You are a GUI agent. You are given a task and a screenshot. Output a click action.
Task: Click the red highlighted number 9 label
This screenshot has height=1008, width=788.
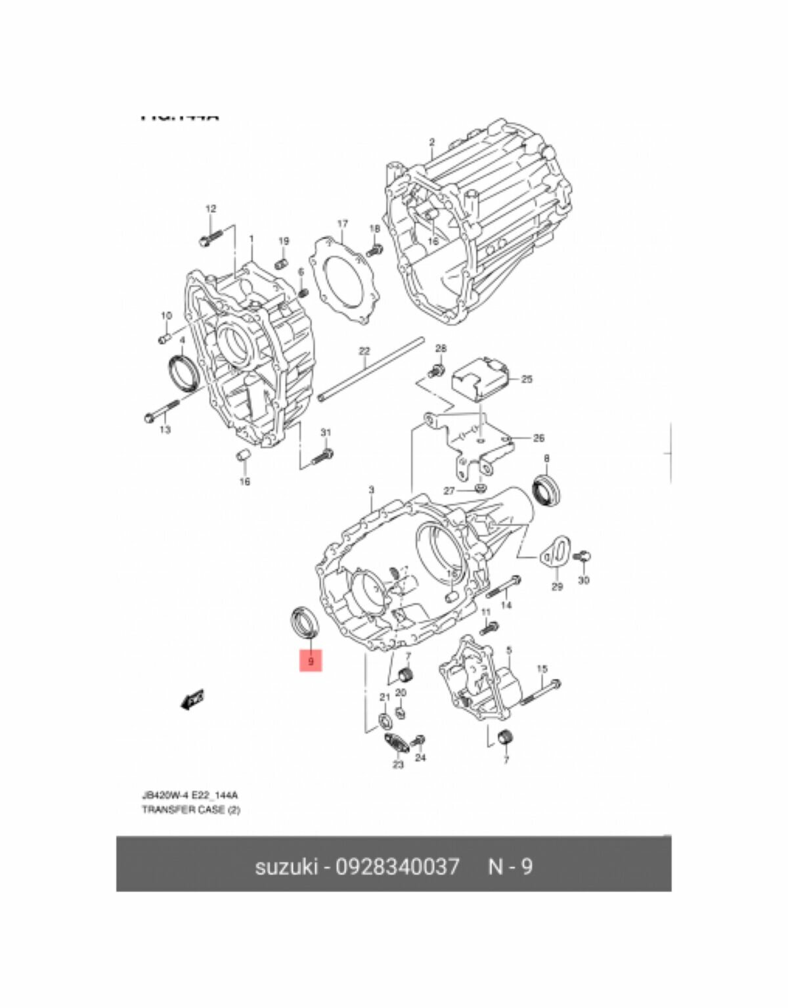(311, 661)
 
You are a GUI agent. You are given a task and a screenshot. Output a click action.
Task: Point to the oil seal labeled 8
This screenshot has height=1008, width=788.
(547, 489)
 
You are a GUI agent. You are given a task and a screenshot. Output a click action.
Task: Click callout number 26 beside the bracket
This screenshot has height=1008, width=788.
(538, 438)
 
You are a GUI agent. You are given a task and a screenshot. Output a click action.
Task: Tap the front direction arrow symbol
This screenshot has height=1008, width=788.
(192, 700)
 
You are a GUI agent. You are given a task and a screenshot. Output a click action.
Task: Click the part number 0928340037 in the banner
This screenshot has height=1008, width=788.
(397, 867)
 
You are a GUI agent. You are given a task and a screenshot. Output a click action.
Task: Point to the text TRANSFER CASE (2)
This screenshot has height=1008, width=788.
(191, 810)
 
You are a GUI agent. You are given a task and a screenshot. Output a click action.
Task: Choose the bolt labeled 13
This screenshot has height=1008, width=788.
(160, 412)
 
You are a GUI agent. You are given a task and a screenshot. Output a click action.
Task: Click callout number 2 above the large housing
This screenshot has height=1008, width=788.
(431, 142)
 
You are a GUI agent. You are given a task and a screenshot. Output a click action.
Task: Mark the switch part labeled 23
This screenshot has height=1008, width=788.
(395, 744)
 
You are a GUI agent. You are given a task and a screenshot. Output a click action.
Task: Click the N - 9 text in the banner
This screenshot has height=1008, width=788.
(510, 867)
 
